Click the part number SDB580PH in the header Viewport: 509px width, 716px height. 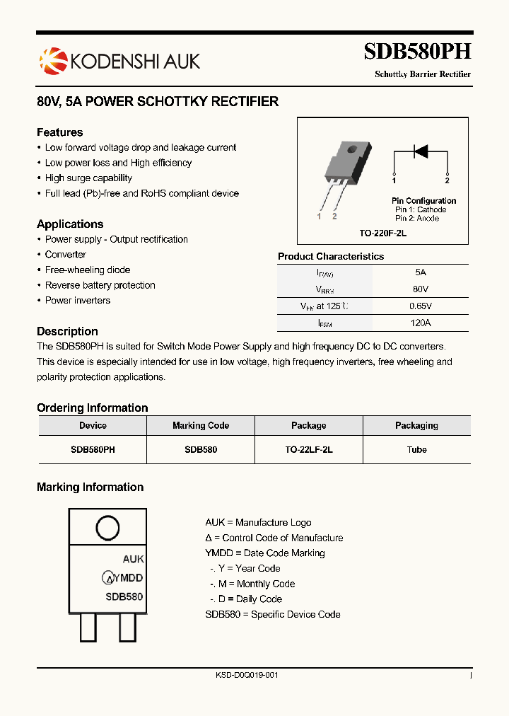coord(416,52)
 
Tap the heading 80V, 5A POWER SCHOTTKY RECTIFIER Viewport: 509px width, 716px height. coord(158,102)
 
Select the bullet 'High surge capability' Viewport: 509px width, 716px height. coord(88,178)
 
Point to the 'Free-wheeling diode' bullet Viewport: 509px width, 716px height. coord(88,270)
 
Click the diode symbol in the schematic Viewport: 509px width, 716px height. coord(421,151)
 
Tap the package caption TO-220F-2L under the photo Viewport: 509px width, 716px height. coord(382,233)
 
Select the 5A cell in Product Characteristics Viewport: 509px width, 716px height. coord(421,272)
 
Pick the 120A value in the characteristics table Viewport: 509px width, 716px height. coord(421,323)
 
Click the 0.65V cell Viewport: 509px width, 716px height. coord(421,306)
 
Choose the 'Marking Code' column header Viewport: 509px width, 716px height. coord(201,426)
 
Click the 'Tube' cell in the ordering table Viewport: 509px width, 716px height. coord(416,450)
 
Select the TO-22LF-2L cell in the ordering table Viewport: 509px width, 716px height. coord(309,450)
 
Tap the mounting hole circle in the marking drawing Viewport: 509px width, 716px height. coord(107,529)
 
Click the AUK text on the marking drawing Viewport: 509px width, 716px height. coord(133,559)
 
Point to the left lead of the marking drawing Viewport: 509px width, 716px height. coord(88,626)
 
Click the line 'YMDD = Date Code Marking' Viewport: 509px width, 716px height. coord(265,553)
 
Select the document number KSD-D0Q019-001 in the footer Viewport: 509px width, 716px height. coord(247,676)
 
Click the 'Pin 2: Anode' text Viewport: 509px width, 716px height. coord(416,219)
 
